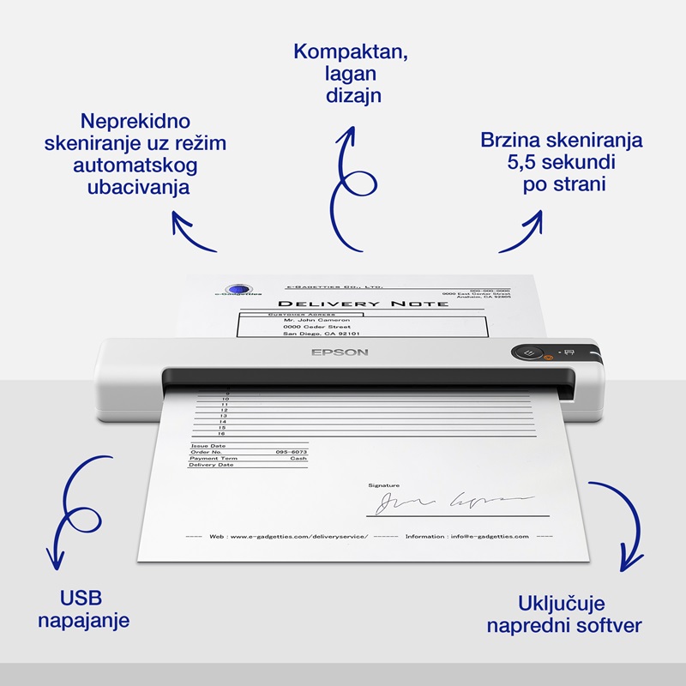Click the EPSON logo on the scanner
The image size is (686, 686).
tap(340, 352)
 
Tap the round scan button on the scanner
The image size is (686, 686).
tap(529, 352)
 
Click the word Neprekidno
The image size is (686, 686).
tap(135, 120)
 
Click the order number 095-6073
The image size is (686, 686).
tap(292, 452)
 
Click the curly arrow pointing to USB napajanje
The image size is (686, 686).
tap(73, 514)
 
